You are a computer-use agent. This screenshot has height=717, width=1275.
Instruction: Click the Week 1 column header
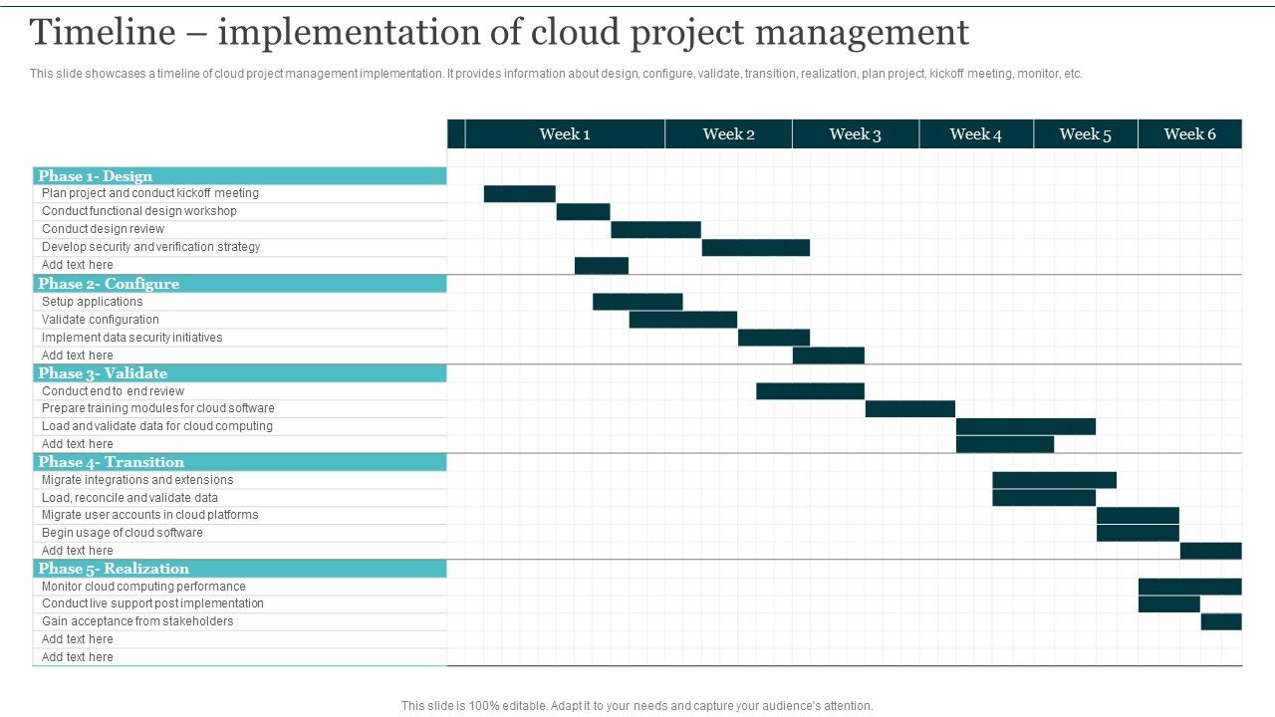[565, 134]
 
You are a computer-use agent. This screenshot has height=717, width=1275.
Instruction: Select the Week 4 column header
[975, 134]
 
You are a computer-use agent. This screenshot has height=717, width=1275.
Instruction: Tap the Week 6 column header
[1189, 134]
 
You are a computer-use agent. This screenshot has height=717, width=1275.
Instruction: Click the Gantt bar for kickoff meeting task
[519, 194]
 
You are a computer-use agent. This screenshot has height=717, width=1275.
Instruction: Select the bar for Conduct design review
[655, 230]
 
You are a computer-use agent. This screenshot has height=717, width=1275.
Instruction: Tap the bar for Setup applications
[637, 302]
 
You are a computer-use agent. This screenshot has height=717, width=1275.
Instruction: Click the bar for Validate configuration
[682, 320]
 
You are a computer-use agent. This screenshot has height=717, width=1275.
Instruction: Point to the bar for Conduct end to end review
[810, 391]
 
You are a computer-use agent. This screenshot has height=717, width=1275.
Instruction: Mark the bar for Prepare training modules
[909, 408]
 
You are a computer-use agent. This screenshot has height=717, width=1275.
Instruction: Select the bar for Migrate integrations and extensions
[1054, 480]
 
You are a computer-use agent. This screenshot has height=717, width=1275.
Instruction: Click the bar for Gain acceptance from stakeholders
[1220, 622]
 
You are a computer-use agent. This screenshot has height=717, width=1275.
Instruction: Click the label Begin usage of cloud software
[122, 533]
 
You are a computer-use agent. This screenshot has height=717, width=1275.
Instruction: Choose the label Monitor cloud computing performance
[143, 587]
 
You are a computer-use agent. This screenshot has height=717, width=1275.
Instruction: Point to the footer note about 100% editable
[637, 706]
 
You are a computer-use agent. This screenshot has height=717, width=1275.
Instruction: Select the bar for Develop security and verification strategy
[755, 248]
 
